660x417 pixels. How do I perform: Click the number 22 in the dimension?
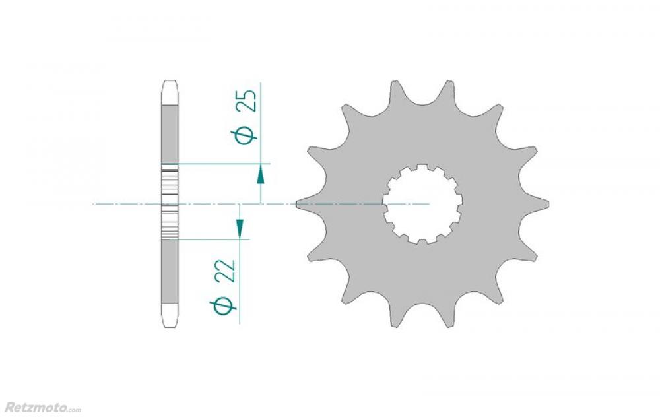pyautogui.click(x=225, y=271)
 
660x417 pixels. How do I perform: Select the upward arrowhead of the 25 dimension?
pyautogui.click(x=261, y=174)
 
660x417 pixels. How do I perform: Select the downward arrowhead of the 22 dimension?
pyautogui.click(x=239, y=228)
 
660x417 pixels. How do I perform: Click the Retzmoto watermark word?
pyautogui.click(x=35, y=408)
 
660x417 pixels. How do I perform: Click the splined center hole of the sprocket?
pyautogui.click(x=422, y=204)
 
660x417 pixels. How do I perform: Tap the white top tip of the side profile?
pyautogui.click(x=170, y=92)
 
